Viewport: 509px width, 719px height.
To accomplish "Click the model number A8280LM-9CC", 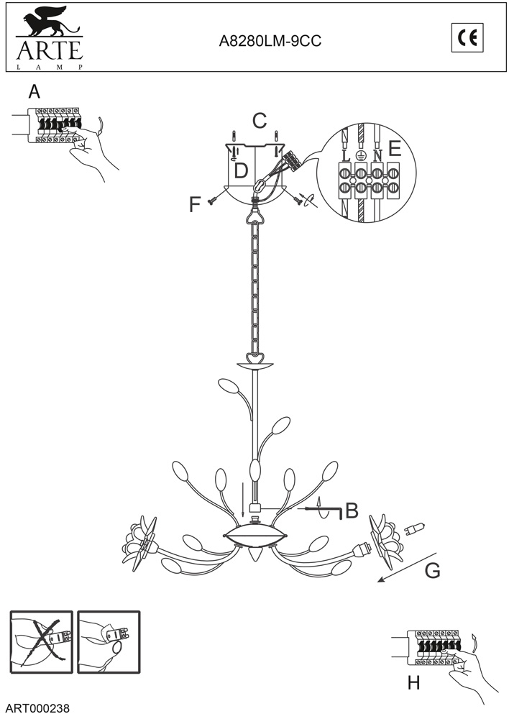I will (270, 42).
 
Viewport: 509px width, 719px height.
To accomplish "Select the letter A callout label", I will (34, 92).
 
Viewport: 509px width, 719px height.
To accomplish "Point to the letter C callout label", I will (260, 121).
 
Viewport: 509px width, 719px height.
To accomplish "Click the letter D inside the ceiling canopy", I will (242, 170).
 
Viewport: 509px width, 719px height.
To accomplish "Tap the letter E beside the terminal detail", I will (394, 149).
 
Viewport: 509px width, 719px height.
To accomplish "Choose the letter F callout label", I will (195, 205).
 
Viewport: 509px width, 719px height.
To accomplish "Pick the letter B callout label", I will (352, 510).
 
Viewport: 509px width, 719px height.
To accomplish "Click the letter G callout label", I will (432, 570).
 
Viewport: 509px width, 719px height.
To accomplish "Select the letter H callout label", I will (413, 682).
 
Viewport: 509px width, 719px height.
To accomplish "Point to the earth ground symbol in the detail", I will (362, 155).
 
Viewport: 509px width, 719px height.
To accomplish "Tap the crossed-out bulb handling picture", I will (42, 641).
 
